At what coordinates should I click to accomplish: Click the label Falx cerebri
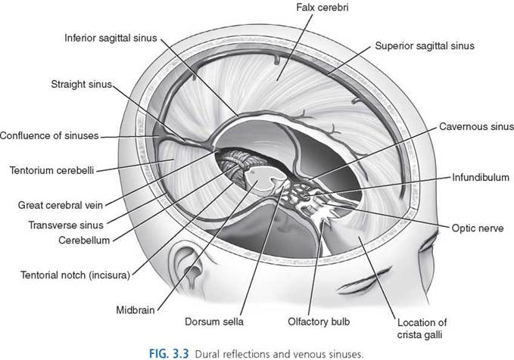(x=322, y=8)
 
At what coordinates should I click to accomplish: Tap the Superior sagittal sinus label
(x=425, y=46)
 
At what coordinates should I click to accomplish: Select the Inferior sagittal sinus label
(x=111, y=38)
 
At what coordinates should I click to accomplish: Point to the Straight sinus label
(x=81, y=84)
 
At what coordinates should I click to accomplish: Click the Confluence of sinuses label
(x=49, y=135)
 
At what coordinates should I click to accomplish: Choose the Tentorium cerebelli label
(x=51, y=170)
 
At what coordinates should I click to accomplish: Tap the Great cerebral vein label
(x=61, y=206)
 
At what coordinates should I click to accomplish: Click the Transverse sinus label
(x=66, y=225)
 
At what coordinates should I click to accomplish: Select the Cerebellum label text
(x=84, y=240)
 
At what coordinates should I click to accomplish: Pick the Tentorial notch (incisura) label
(x=76, y=275)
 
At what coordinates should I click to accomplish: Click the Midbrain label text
(x=136, y=310)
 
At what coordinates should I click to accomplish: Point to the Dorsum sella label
(x=214, y=321)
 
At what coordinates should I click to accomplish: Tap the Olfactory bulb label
(x=319, y=321)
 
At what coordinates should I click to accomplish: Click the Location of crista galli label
(x=422, y=328)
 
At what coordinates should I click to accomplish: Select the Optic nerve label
(x=478, y=228)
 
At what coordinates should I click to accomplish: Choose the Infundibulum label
(x=481, y=177)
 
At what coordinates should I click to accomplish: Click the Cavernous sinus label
(x=476, y=127)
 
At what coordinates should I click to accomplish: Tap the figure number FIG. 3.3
(x=169, y=354)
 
